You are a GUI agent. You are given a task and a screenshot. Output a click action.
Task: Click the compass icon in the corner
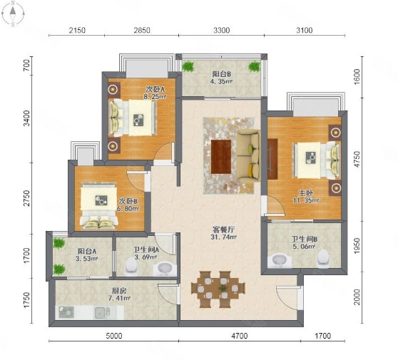(x=13, y=14)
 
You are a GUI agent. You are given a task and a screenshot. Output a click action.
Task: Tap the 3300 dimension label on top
(x=221, y=31)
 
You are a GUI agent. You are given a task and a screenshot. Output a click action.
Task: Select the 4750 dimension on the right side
(x=357, y=159)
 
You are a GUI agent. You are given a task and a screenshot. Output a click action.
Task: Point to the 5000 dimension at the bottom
(x=114, y=336)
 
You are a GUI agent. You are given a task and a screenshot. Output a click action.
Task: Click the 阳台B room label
(x=221, y=74)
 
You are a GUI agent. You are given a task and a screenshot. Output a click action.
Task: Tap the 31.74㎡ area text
(x=223, y=237)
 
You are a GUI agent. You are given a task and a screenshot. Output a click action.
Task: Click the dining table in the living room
(x=218, y=289)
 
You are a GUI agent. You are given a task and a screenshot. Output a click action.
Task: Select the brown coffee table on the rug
(x=221, y=157)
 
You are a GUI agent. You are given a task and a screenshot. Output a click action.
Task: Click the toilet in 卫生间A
(x=131, y=266)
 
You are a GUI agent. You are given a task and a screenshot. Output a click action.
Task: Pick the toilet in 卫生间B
(x=323, y=258)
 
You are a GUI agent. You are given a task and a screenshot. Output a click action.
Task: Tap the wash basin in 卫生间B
(x=280, y=259)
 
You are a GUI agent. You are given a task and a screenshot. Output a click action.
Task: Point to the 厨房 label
(x=119, y=291)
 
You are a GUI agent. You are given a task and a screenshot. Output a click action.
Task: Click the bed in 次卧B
(x=99, y=206)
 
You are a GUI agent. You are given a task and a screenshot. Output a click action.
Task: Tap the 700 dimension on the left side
(x=26, y=66)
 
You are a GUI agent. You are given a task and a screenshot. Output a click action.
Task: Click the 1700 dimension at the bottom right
(x=323, y=336)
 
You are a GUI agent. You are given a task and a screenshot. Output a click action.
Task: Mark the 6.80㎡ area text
(x=128, y=209)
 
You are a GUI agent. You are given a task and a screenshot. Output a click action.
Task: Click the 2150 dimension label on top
(x=77, y=31)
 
